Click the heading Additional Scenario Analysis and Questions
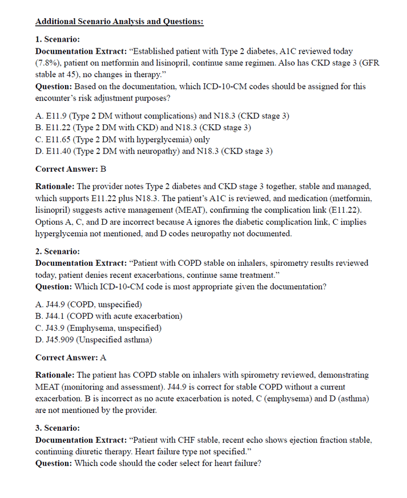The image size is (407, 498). pyautogui.click(x=119, y=22)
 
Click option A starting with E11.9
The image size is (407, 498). pyautogui.click(x=162, y=116)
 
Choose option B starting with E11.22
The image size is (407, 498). pyautogui.click(x=143, y=128)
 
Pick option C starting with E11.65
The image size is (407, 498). pyautogui.click(x=122, y=139)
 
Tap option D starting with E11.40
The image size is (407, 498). pyautogui.click(x=154, y=151)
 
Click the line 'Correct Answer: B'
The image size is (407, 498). pyautogui.click(x=71, y=169)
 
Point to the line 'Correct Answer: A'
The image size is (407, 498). pyautogui.click(x=71, y=358)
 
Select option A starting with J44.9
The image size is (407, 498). pyautogui.click(x=88, y=304)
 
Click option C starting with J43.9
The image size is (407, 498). pyautogui.click(x=98, y=328)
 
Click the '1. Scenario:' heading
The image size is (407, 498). pyautogui.click(x=58, y=39)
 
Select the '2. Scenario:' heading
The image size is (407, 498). pyautogui.click(x=58, y=251)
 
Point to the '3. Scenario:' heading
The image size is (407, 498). pyautogui.click(x=58, y=428)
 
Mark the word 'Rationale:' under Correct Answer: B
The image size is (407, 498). pyautogui.click(x=55, y=187)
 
